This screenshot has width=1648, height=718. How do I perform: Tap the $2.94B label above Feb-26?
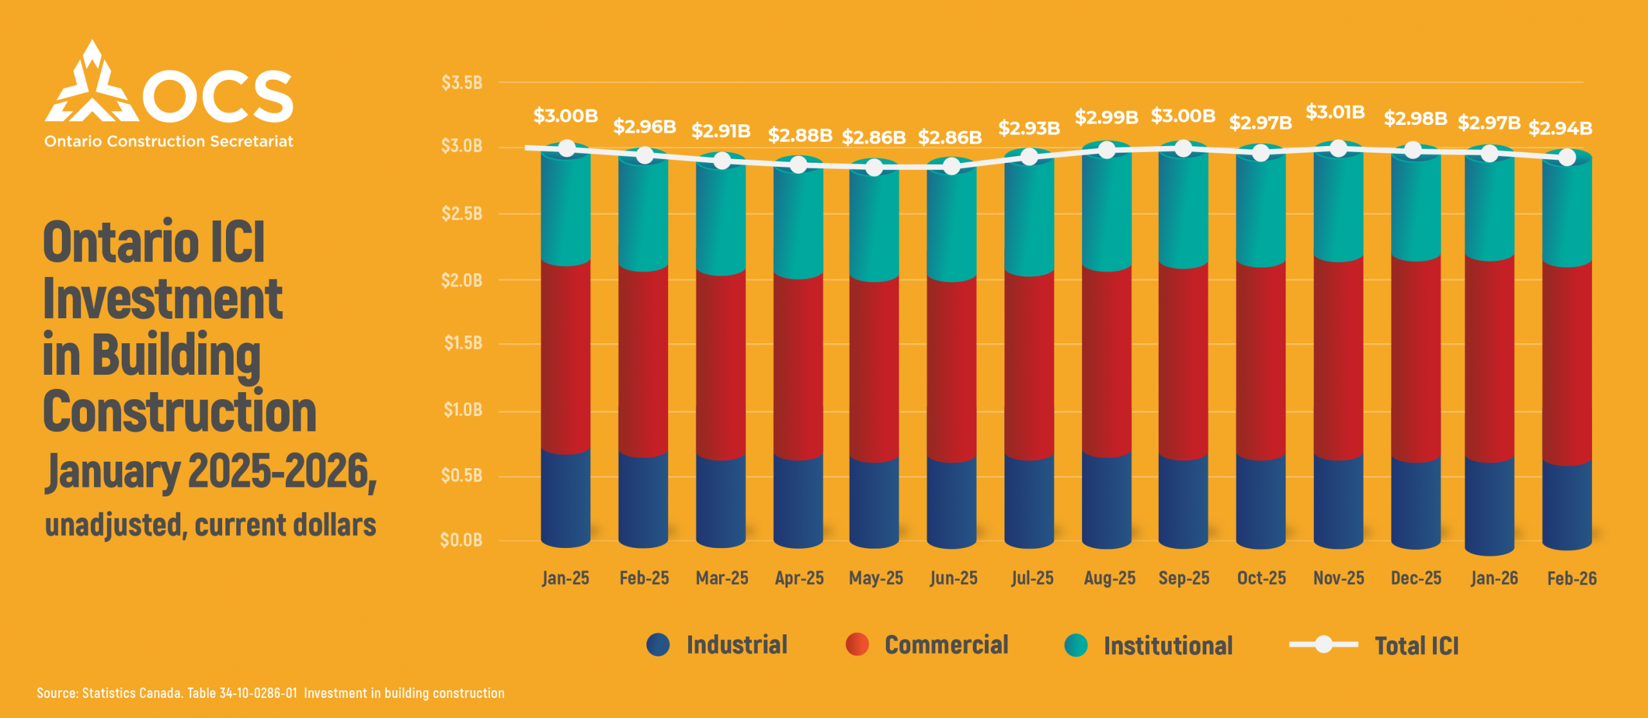pos(1560,128)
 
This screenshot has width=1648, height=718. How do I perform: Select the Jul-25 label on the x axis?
pos(1032,578)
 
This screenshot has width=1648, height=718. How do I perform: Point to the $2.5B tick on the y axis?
pos(462,213)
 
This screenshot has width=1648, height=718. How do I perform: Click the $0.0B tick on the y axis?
pos(461,540)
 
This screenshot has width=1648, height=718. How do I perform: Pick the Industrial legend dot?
pos(658,645)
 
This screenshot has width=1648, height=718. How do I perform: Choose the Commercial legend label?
pos(946,645)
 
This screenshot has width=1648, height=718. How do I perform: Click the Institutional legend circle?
pos(1076,645)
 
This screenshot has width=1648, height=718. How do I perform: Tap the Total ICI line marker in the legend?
pos(1324,644)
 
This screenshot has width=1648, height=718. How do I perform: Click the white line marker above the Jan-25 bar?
pos(566,148)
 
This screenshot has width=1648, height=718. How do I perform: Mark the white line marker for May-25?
pos(874,167)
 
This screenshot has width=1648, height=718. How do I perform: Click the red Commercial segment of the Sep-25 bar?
pos(1183,361)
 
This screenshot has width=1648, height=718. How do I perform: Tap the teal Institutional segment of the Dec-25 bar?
pos(1416,206)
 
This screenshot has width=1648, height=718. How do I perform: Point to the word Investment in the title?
pos(162,299)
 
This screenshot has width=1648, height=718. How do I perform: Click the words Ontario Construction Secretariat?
pos(169,142)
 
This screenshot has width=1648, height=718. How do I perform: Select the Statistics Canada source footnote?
pos(270,693)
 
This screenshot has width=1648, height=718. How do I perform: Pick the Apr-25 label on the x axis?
pos(799,578)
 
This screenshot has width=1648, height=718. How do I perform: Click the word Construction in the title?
pos(180,412)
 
